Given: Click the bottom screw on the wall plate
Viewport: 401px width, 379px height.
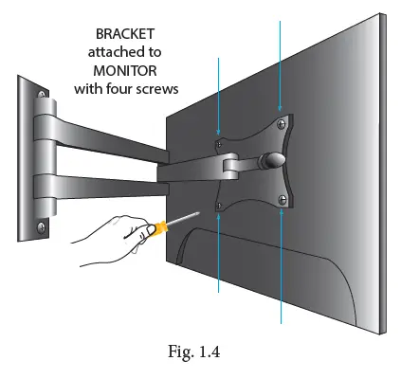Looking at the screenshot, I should coord(40,226).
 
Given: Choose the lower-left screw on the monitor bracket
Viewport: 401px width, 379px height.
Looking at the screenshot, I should coord(220,203).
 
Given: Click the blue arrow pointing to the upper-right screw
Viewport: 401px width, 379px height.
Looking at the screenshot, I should coord(280,66).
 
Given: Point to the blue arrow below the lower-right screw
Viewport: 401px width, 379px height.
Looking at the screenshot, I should coord(281,265).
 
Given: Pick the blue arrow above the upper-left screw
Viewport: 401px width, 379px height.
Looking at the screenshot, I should coord(219,95).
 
